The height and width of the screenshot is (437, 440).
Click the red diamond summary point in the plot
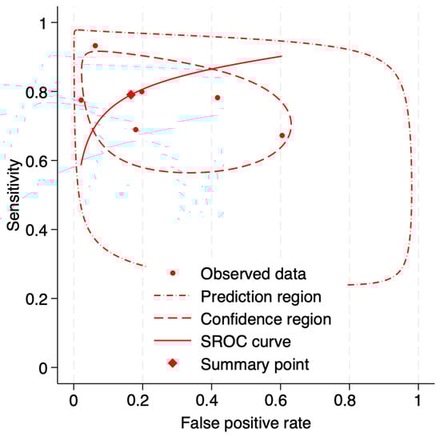click(x=131, y=94)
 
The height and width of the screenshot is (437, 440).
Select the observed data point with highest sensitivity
click(x=95, y=46)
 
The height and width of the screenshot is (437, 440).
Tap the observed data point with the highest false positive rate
click(x=282, y=135)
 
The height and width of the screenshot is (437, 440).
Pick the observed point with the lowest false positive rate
click(x=81, y=100)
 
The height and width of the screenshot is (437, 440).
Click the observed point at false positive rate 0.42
click(x=218, y=98)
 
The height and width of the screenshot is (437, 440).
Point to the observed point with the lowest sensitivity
click(x=282, y=135)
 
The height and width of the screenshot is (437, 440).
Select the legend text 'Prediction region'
click(x=250, y=297)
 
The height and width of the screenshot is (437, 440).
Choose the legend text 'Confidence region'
click(x=254, y=319)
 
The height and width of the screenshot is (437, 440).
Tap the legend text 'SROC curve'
click(x=236, y=342)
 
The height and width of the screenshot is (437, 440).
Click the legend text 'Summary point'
click(x=244, y=365)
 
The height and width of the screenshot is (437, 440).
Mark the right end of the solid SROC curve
click(x=282, y=56)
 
